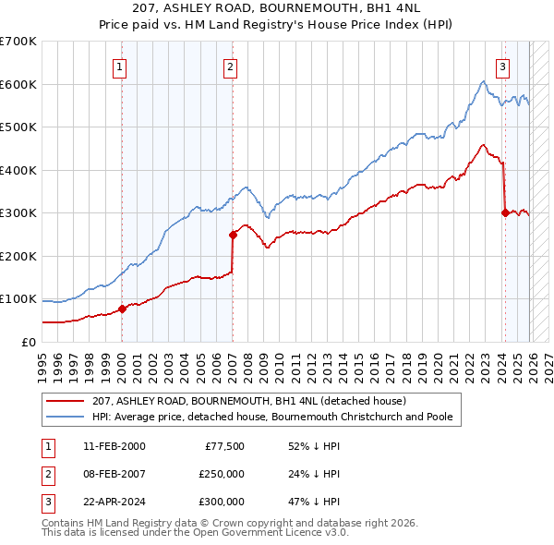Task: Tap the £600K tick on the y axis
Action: (18, 84)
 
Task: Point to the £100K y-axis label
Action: (18, 299)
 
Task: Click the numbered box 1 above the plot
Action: (121, 67)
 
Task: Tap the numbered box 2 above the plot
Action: (230, 67)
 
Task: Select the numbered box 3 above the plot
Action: (503, 67)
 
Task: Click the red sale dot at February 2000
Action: (122, 309)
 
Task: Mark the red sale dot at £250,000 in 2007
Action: (233, 235)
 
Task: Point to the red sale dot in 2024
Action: (505, 212)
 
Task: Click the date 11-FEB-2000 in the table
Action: (114, 446)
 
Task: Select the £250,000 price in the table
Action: (222, 474)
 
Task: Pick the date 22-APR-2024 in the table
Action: (114, 502)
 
